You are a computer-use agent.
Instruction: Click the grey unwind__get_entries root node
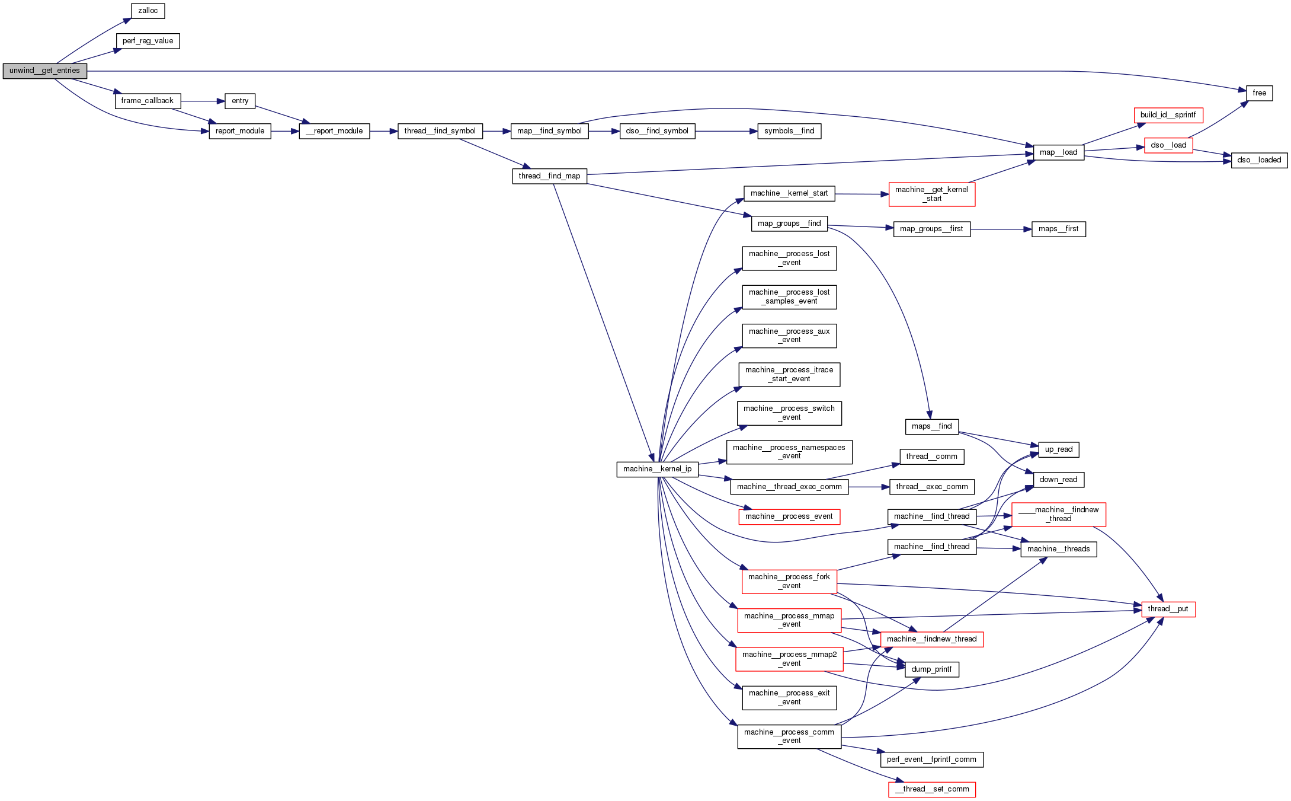[45, 71]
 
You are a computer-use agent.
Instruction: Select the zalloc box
[148, 11]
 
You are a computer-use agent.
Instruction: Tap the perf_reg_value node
[148, 41]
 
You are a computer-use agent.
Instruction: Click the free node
[1259, 93]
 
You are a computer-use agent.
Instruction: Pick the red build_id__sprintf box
[1168, 115]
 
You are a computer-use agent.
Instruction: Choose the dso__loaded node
[1259, 160]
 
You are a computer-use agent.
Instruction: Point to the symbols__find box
[789, 131]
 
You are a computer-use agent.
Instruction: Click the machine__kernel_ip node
[657, 469]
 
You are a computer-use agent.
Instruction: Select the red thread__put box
[1168, 609]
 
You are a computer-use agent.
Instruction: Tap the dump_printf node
[931, 669]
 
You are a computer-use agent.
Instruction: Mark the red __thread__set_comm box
[931, 789]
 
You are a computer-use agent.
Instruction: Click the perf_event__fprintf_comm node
[931, 759]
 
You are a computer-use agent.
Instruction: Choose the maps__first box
[1058, 229]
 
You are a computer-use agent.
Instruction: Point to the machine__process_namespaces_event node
[789, 452]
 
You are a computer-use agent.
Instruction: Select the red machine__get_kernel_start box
[931, 194]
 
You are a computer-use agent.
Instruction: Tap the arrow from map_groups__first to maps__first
[1001, 229]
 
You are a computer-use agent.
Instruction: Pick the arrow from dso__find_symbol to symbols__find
[726, 131]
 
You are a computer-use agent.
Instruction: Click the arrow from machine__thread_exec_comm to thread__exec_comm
[869, 487]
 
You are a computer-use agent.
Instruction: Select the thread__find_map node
[549, 176]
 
